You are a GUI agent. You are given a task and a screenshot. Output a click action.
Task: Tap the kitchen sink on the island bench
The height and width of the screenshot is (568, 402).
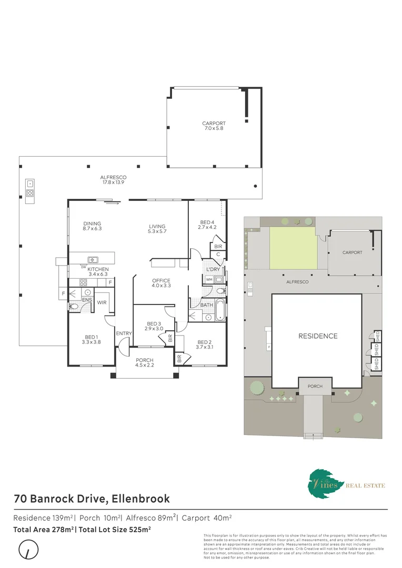point(93,259)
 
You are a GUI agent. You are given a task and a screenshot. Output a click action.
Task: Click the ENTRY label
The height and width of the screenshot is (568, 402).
point(124,333)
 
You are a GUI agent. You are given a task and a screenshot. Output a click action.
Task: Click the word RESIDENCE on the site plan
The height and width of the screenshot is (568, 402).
point(318,336)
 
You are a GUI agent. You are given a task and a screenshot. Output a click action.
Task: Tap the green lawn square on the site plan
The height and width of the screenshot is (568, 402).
point(294,247)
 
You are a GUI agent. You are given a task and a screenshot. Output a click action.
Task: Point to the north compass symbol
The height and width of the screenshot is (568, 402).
point(28,551)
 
